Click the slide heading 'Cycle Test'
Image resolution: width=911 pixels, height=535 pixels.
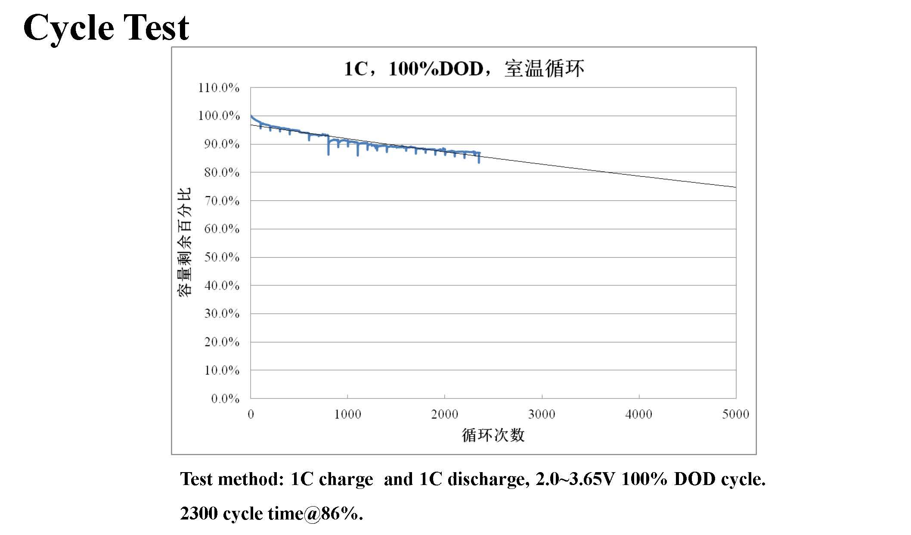(106, 27)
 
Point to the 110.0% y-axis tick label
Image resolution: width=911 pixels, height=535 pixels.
(219, 88)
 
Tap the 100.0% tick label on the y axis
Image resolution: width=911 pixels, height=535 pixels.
(219, 116)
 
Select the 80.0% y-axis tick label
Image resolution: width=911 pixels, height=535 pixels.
(221, 173)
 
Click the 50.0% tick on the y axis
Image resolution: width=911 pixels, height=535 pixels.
(221, 257)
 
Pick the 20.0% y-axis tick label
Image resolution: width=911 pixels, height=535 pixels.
(221, 342)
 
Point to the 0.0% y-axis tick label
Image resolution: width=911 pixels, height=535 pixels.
(225, 399)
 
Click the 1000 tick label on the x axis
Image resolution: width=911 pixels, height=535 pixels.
(347, 414)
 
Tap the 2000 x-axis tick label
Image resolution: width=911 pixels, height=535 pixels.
(444, 414)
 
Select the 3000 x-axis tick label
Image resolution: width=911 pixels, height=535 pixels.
(542, 414)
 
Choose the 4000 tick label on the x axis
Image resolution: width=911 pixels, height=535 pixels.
(638, 414)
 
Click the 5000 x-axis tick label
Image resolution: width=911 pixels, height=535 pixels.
(735, 414)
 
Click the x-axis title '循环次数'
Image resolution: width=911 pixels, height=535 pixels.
(493, 435)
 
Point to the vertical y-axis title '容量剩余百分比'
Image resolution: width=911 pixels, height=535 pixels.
(184, 243)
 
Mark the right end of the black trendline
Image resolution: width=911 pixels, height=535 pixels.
(735, 187)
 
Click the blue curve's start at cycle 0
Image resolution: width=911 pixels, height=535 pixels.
(251, 116)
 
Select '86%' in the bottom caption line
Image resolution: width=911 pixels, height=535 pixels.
(340, 513)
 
